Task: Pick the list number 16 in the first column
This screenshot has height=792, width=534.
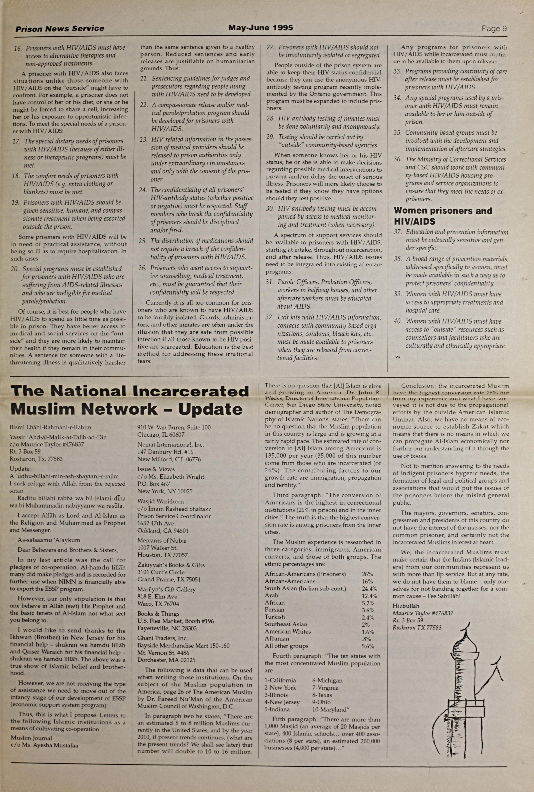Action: pos(18,48)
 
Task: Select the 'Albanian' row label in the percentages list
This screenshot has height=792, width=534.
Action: pos(277,639)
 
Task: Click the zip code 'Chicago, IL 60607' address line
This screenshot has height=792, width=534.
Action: pos(161,435)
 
